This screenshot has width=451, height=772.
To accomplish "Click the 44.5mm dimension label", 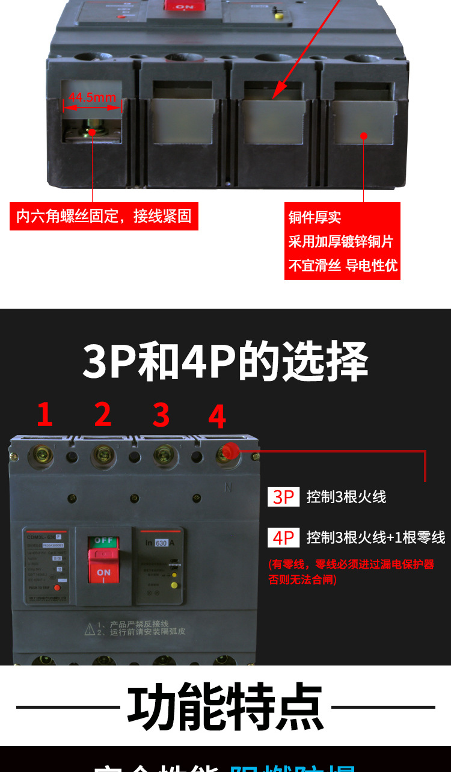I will click(92, 97).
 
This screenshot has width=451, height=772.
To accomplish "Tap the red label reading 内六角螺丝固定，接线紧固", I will click(103, 216).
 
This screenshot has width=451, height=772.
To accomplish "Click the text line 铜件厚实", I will click(314, 218).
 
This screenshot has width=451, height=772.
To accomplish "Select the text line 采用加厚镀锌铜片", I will click(340, 241).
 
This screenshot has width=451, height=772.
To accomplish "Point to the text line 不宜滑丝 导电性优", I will click(342, 265).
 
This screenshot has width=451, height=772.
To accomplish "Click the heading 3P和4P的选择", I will click(225, 362).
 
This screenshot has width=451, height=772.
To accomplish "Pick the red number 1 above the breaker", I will click(44, 415).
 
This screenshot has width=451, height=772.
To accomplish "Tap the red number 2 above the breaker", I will click(103, 415).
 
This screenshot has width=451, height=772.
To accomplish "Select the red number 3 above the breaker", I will click(161, 415).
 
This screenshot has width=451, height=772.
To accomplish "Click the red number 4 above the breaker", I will click(217, 416).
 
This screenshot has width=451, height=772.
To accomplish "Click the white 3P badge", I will click(283, 497).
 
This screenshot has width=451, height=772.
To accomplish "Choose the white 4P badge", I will click(283, 537).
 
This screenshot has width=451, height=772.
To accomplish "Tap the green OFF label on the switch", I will click(103, 541).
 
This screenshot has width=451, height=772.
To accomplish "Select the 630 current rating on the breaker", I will click(161, 543).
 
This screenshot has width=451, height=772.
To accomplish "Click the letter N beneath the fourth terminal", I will click(228, 488).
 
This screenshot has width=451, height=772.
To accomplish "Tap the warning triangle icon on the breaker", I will click(90, 629).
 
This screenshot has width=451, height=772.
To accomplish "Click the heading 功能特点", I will click(225, 706).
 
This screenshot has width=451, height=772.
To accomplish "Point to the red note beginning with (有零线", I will click(351, 572).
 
